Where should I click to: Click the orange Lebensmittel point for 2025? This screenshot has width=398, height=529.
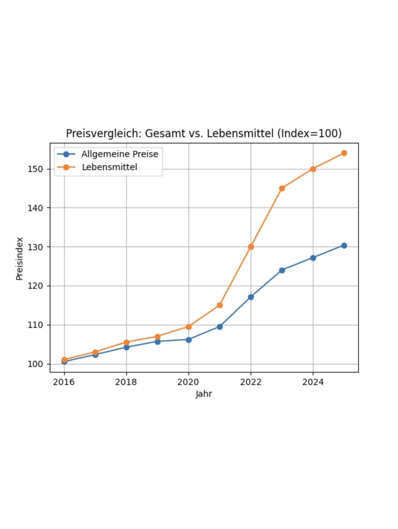(x=344, y=153)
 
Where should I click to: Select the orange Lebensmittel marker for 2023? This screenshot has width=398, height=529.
(x=282, y=189)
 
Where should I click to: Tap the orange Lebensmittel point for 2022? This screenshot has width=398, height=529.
(x=251, y=247)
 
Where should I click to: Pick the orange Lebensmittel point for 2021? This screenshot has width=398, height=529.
(x=220, y=305)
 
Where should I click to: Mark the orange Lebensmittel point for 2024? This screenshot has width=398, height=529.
(x=313, y=169)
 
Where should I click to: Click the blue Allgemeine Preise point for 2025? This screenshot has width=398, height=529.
(x=344, y=246)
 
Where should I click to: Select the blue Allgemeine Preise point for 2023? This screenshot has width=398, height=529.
(x=282, y=271)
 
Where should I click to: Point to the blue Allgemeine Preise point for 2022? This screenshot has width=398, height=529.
(x=251, y=297)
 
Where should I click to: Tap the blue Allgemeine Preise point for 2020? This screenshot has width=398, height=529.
(x=188, y=340)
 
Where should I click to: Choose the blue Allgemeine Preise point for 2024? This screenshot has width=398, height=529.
(x=313, y=258)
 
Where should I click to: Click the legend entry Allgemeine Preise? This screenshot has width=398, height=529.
(x=120, y=154)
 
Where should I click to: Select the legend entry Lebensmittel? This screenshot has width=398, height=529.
(x=109, y=167)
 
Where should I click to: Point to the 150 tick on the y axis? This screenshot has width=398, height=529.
(x=35, y=169)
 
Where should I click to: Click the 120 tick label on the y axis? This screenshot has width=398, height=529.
(x=35, y=286)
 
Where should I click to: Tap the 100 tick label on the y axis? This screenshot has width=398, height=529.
(x=35, y=364)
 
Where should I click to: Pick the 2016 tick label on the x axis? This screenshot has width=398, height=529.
(x=64, y=382)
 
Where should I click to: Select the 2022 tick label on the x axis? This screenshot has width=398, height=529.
(x=251, y=382)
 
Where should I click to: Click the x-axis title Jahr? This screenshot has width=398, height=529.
(x=204, y=394)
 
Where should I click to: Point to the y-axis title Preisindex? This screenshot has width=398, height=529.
(x=20, y=259)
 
